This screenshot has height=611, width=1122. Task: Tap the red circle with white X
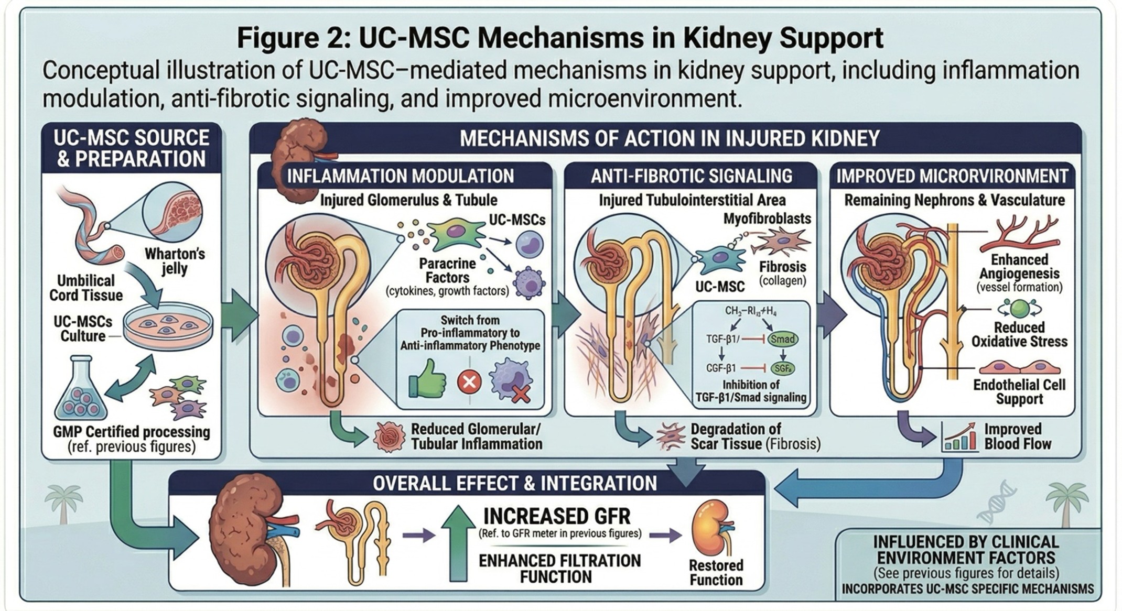pyautogui.click(x=469, y=381)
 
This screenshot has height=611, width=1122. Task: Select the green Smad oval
pyautogui.click(x=782, y=339)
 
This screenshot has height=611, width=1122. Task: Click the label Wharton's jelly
pyautogui.click(x=174, y=261)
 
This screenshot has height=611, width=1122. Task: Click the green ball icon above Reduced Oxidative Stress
pyautogui.click(x=1019, y=309)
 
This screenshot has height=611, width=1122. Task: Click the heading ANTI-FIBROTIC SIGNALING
pyautogui.click(x=691, y=176)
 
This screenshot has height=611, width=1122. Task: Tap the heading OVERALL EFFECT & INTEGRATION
pyautogui.click(x=514, y=483)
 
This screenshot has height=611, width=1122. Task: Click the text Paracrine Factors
pyautogui.click(x=447, y=270)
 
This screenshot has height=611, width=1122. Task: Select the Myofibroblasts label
pyautogui.click(x=767, y=219)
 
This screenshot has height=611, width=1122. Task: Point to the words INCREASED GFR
pyautogui.click(x=556, y=516)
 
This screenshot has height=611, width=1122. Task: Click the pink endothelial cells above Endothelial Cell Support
pyautogui.click(x=1019, y=367)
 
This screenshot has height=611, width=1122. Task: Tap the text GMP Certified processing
pyautogui.click(x=131, y=432)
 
